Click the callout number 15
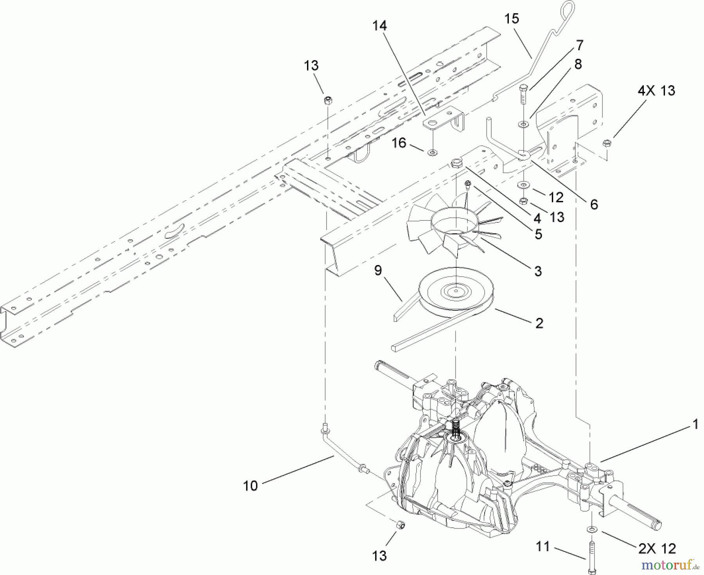click(x=512, y=18)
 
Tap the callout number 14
click(x=379, y=26)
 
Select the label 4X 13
click(x=656, y=91)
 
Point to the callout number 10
click(x=250, y=486)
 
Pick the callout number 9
click(x=378, y=270)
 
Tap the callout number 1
click(x=695, y=425)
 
